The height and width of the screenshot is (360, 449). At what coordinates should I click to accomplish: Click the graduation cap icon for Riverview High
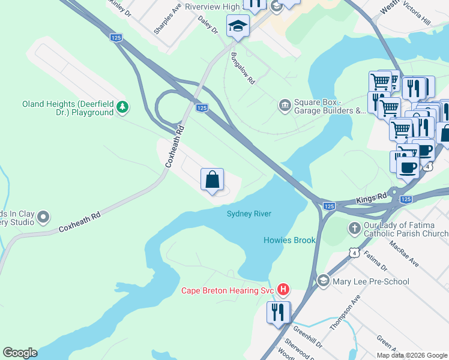[x=238, y=26]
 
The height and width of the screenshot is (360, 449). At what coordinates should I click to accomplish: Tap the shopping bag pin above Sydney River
[x=212, y=179]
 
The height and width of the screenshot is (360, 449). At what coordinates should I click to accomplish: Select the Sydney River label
[x=249, y=214]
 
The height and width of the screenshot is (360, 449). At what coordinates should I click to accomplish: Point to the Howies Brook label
[x=289, y=240]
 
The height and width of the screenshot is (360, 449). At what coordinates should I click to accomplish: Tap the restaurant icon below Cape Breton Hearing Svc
[x=277, y=312]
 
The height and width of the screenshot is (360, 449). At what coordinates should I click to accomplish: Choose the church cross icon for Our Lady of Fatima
[x=355, y=228]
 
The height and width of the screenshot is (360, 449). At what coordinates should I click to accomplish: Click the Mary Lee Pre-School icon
[x=324, y=281]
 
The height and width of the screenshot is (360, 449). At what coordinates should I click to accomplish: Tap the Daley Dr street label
[x=206, y=25]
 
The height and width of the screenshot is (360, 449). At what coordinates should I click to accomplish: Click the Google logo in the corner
[x=20, y=353]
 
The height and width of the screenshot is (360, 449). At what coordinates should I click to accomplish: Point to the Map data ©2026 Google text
[x=411, y=355]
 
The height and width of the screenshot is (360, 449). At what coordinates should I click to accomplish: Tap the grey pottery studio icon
[x=43, y=216]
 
